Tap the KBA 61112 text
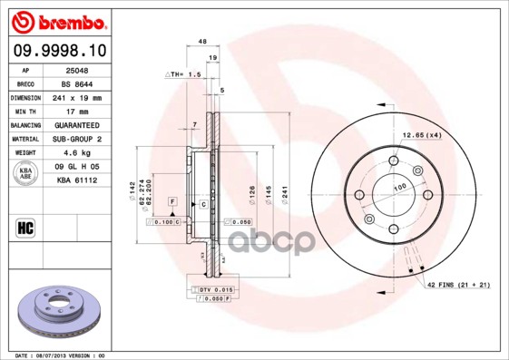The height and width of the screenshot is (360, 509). (x=77, y=180)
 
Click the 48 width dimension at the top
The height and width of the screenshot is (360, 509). (x=202, y=42)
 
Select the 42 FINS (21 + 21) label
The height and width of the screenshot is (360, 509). (x=459, y=286)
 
